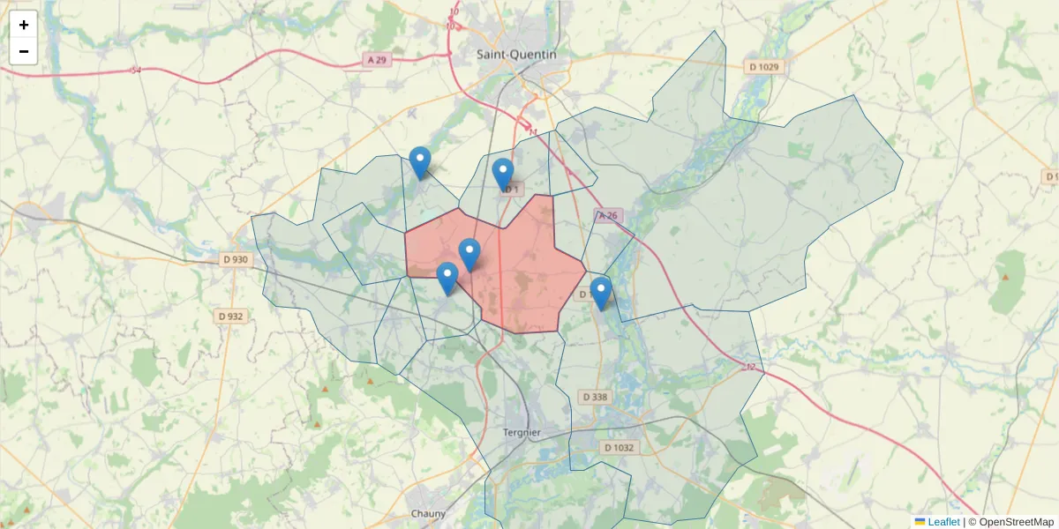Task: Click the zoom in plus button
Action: coord(24,25)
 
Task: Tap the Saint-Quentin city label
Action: coord(516,54)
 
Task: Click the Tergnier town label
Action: coord(521,432)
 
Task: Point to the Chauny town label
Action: coord(428,513)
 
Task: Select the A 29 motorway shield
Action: coord(376,60)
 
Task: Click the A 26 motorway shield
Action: coord(609,215)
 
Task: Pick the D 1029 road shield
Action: coord(764,67)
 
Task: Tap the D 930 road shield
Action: coord(235,259)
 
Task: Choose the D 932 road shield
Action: coord(230,316)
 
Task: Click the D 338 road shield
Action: coord(596,397)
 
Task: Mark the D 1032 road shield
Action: coord(619,448)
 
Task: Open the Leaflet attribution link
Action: coord(943,522)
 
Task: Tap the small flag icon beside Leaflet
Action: coord(920,522)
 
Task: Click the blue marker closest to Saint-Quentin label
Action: coord(503,175)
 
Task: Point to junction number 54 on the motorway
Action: coord(135,70)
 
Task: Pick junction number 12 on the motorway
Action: coord(751,366)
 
